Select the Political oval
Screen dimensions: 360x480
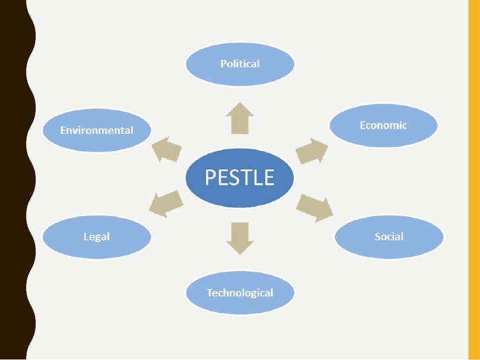pos(239,64)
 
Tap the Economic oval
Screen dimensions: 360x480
pos(383,126)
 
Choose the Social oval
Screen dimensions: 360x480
pos(389,236)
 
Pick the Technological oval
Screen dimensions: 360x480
pos(239,293)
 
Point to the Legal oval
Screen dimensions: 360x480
pos(97,236)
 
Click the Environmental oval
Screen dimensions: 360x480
pos(97,130)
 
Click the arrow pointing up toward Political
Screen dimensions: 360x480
pos(240,118)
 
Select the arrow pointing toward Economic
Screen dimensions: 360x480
pos(311,150)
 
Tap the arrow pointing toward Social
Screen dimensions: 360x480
pos(314,207)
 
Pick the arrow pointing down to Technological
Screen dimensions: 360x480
pos(240,238)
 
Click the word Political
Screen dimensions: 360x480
pos(239,64)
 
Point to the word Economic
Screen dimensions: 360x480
pos(383,126)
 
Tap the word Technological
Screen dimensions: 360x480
pos(239,293)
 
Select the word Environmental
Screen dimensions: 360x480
pos(97,130)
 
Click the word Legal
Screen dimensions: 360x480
pos(97,236)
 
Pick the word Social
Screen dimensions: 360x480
pos(389,236)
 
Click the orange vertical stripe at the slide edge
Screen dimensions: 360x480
pos(474,180)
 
